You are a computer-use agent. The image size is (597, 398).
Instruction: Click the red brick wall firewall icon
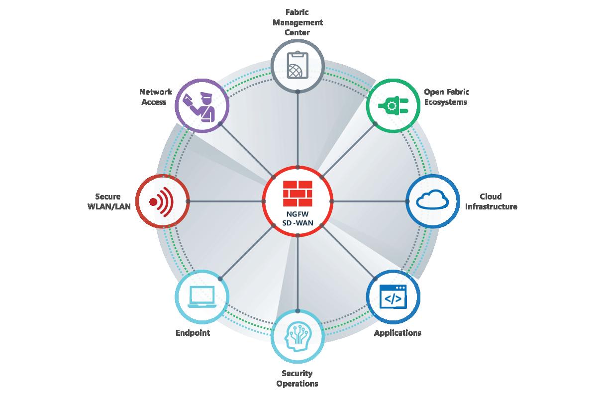298,194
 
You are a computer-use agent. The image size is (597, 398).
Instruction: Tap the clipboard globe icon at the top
298,65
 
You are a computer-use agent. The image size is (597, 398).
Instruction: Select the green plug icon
393,106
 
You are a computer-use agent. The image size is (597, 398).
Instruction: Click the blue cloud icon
432,199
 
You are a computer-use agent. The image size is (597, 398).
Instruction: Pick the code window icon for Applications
393,297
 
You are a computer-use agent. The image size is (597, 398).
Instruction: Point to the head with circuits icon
298,337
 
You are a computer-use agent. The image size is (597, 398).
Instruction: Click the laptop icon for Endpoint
202,297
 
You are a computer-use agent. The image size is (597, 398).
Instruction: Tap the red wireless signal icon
161,202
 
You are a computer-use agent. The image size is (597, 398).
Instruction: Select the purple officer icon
199,106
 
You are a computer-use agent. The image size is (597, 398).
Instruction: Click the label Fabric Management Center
298,22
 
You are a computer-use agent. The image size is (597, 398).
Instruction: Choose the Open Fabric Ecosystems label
446,97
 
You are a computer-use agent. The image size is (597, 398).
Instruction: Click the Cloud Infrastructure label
491,201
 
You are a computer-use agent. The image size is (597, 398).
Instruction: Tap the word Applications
398,333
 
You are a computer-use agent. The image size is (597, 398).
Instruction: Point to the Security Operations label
297,378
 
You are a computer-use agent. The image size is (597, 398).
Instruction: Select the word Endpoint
193,333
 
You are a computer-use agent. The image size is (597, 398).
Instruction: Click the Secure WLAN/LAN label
109,201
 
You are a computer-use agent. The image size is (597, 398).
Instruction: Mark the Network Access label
156,97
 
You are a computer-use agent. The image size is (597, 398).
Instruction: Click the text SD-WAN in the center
298,223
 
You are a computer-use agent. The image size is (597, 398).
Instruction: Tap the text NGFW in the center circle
298,214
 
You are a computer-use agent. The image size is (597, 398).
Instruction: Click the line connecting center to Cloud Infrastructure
369,201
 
